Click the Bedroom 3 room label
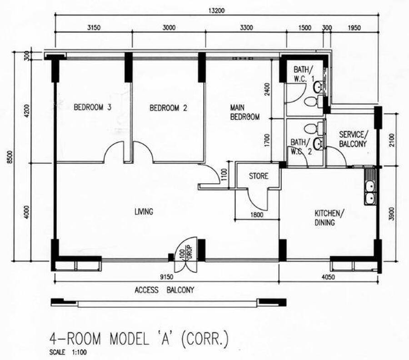point(92,107)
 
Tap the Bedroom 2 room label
point(168,108)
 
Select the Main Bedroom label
point(244,112)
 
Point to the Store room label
point(259,176)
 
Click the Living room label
point(144,211)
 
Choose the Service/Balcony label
point(354,139)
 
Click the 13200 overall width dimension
point(216,11)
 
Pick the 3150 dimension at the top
point(94,27)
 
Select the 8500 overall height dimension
point(10,157)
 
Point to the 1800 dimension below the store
point(257,215)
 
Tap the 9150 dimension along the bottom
point(166,277)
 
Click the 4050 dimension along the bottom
point(328,277)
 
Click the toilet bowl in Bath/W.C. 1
point(314,101)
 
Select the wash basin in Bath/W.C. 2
point(318,144)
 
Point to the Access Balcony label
point(165,290)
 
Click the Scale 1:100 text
point(68,352)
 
